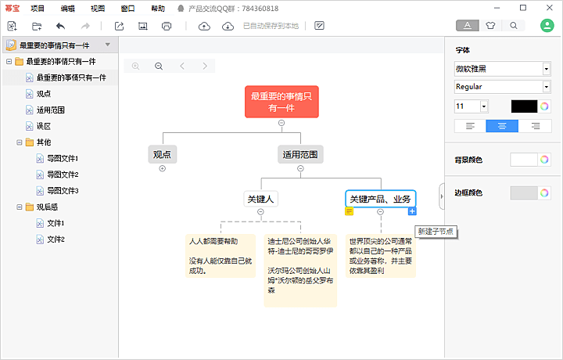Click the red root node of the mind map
click(281, 102)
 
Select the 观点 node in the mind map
click(163, 154)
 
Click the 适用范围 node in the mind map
click(300, 154)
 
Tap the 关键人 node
click(260, 199)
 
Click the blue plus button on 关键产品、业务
click(412, 211)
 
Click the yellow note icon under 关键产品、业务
click(349, 211)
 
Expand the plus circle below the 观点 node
click(163, 168)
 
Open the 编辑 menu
click(67, 9)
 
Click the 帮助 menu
click(158, 9)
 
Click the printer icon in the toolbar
click(167, 26)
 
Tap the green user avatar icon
click(547, 25)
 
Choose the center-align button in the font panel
click(502, 126)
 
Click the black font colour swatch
click(524, 106)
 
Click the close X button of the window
click(550, 8)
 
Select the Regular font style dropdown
click(502, 87)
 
